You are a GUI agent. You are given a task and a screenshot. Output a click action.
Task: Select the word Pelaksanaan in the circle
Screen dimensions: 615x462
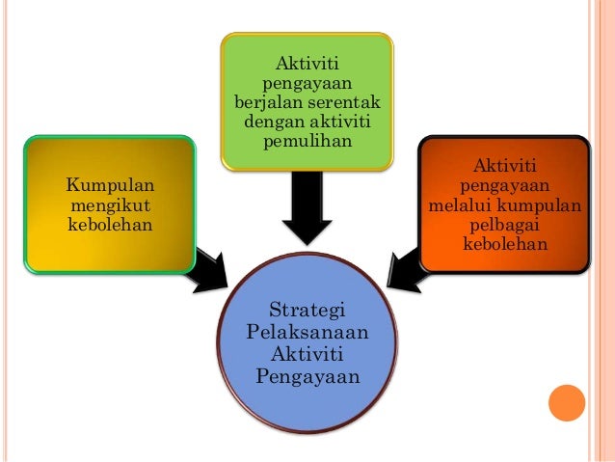click(307, 332)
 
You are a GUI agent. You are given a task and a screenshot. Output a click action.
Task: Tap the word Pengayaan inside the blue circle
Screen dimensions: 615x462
click(307, 375)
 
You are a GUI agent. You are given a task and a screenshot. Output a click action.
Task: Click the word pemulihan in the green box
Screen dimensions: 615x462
click(307, 142)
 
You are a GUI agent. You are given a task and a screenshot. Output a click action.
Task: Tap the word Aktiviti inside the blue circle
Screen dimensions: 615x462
click(307, 353)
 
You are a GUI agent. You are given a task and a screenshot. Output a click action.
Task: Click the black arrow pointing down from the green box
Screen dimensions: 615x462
click(307, 212)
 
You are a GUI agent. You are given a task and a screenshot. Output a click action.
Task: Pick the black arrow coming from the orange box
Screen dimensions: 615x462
click(408, 263)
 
